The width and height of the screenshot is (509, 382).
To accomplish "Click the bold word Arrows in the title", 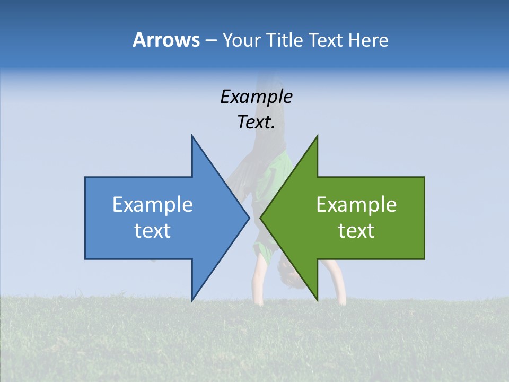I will (166, 40).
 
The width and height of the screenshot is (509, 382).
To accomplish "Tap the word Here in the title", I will (368, 40).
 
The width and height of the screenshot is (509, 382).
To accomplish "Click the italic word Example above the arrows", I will (256, 97).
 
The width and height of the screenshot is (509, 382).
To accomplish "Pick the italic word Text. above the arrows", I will (256, 123).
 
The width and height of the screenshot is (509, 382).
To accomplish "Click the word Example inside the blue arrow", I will (153, 205).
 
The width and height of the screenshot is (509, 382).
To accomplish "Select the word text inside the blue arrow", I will (153, 231).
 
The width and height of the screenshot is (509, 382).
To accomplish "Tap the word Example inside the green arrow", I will (356, 205).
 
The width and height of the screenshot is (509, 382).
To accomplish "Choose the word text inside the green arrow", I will (356, 231).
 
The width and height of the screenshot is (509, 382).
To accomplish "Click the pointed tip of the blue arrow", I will (249, 218).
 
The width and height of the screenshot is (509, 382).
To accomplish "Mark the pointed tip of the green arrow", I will (260, 218).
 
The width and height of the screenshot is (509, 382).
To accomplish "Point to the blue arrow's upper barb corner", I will (192, 136).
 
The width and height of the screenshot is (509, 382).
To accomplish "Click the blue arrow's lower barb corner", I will (192, 300).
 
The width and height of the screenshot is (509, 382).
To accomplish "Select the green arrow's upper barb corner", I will (317, 136).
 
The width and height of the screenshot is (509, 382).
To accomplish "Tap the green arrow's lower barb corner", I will (317, 300).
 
